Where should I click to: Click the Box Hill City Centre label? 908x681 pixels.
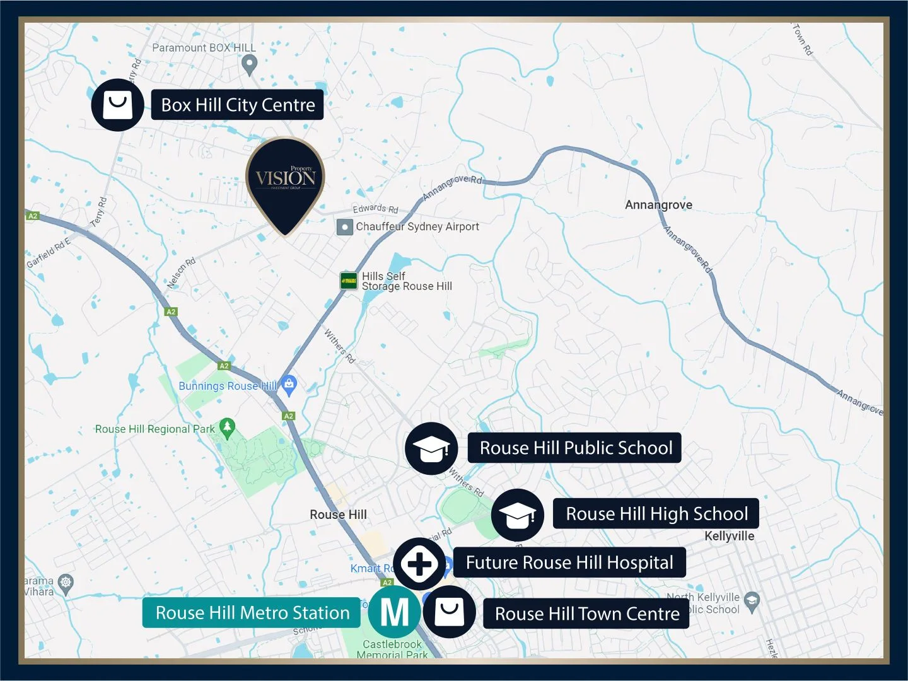[237, 105]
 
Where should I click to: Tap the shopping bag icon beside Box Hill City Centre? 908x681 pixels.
[118, 105]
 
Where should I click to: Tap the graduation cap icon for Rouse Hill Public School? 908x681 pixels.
[431, 448]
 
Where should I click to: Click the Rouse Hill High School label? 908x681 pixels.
[656, 514]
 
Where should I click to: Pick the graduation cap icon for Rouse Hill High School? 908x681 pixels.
[518, 515]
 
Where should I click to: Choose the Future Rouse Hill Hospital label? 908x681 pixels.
[569, 562]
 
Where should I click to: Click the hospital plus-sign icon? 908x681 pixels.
[419, 564]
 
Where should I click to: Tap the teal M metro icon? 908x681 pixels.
[395, 612]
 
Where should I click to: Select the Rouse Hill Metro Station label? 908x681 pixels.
[252, 613]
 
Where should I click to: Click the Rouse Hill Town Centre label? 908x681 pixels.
[586, 614]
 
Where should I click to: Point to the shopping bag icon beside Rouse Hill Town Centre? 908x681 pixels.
[449, 612]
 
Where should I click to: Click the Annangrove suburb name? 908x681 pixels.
[658, 205]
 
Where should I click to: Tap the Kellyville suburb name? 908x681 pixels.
[729, 536]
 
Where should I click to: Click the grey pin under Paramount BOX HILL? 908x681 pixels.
[250, 63]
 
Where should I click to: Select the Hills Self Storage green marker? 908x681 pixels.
[349, 281]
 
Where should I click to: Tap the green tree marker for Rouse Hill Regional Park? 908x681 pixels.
[227, 428]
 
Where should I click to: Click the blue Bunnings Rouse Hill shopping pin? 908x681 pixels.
[289, 384]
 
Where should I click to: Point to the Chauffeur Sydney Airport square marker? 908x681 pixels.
[344, 227]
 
